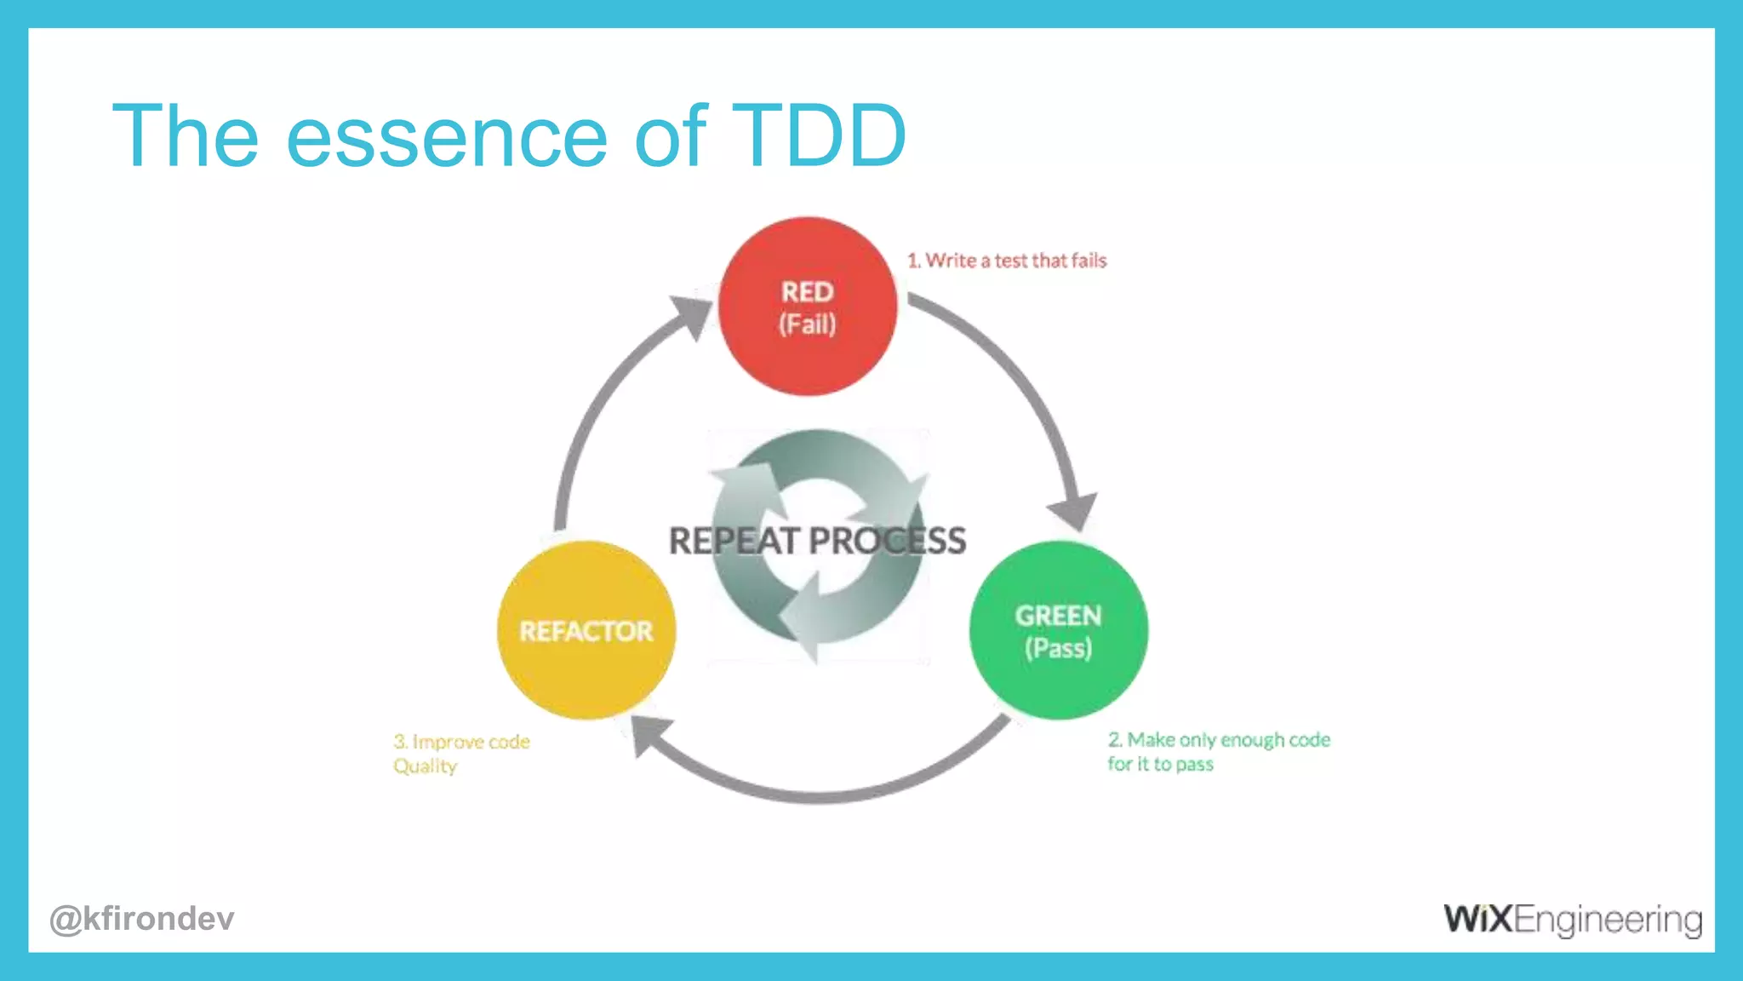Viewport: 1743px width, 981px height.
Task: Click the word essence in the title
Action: (x=446, y=138)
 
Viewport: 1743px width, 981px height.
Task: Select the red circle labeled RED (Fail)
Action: (x=807, y=307)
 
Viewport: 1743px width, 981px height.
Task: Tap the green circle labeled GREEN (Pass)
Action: (x=1058, y=630)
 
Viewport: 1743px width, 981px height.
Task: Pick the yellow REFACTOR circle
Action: (x=586, y=630)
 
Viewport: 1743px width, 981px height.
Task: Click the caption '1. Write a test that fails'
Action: (x=1007, y=261)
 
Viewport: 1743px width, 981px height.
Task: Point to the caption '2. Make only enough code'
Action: (x=1219, y=740)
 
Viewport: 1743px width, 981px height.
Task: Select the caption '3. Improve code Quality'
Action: (x=461, y=753)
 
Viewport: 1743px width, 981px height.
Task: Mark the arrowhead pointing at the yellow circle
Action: (x=651, y=734)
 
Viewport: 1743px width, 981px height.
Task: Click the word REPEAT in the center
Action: (x=734, y=541)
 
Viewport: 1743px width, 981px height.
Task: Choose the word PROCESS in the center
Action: (x=887, y=541)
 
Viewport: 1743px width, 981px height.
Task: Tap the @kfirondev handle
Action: (x=141, y=919)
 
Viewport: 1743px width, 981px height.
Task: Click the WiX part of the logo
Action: (x=1477, y=919)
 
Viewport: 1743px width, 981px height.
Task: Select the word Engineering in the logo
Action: (x=1609, y=921)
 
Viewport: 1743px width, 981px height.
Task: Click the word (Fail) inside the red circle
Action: (x=807, y=324)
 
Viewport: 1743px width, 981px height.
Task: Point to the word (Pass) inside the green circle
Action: (x=1058, y=649)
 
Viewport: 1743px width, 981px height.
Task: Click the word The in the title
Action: (x=186, y=136)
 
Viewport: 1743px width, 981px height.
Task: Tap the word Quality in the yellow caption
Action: (x=425, y=766)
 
